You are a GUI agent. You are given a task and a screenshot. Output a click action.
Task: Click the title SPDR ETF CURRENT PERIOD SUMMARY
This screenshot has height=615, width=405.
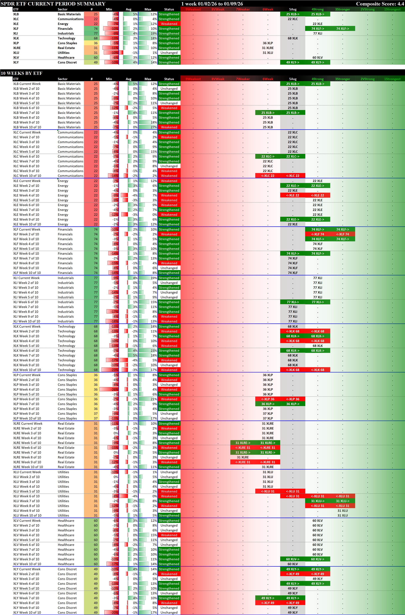[53, 4]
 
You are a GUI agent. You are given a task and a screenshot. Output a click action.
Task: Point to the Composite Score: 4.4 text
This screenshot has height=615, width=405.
[380, 4]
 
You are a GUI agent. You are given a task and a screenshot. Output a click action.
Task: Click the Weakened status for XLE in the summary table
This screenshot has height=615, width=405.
[169, 24]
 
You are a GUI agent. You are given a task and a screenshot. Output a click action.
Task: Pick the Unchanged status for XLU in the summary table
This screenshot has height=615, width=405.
[169, 53]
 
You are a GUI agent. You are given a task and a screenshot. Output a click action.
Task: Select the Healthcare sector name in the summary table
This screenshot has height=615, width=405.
[66, 58]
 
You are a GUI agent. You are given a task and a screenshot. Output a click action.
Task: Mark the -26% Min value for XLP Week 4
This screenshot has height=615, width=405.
[115, 389]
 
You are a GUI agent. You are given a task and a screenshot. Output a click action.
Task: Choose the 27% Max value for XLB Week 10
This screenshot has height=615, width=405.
[154, 127]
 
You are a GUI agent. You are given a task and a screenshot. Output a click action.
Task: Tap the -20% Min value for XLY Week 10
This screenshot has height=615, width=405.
[115, 612]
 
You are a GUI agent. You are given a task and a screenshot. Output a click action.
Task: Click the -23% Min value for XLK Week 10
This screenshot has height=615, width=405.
[115, 370]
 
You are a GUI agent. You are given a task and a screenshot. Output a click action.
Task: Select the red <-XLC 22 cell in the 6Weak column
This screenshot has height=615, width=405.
[268, 176]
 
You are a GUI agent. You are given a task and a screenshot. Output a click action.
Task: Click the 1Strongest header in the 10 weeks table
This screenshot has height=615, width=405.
[392, 79]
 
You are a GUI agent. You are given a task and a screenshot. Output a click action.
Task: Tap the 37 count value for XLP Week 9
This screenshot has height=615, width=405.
[96, 413]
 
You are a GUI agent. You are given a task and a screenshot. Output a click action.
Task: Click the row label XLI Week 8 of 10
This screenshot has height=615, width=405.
[26, 312]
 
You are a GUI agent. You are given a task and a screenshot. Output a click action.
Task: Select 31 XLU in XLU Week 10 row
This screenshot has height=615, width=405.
[343, 515]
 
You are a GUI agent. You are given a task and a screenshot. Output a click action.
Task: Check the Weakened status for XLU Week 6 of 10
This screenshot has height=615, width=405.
[169, 496]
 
